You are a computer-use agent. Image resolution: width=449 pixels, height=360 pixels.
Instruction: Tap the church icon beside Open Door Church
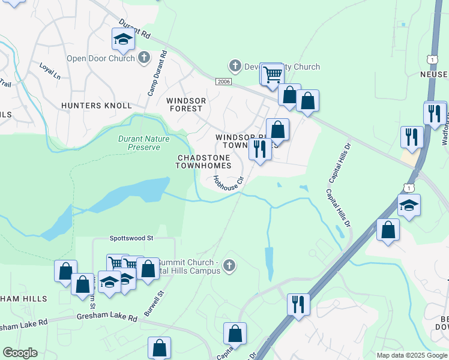pyautogui.click(x=143, y=58)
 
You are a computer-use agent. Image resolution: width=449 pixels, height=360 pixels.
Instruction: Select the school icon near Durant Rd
pyautogui.click(x=123, y=40)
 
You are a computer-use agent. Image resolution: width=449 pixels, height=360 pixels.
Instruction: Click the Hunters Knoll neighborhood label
pyautogui.click(x=96, y=106)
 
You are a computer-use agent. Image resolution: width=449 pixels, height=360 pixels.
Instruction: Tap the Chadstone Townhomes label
pyautogui.click(x=204, y=161)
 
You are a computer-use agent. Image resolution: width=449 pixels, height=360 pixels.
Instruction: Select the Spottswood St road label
pyautogui.click(x=131, y=238)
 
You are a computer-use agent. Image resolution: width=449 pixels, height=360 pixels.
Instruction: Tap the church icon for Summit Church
pyautogui.click(x=229, y=266)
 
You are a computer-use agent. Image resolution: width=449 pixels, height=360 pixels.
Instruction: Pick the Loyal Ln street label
pyautogui.click(x=50, y=71)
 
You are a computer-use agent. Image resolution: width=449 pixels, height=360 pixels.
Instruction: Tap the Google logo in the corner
pyautogui.click(x=20, y=353)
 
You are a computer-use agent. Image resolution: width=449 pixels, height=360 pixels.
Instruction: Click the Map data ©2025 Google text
pyautogui.click(x=411, y=355)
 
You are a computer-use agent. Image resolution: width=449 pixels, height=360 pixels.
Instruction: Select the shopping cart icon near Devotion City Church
pyautogui.click(x=273, y=74)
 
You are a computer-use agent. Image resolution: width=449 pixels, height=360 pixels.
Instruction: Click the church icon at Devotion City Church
pyautogui.click(x=235, y=65)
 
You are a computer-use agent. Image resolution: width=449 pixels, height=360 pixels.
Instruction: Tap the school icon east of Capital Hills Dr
pyautogui.click(x=409, y=206)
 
